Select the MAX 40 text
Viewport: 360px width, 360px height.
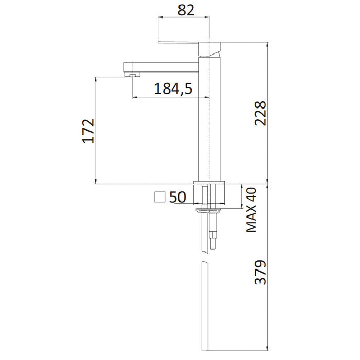tap(251, 211)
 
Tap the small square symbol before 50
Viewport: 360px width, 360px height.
tap(160, 197)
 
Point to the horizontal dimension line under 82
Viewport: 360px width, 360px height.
tap(184, 19)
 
